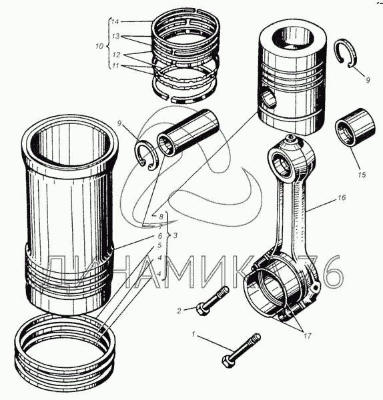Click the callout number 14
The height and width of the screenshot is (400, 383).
115,22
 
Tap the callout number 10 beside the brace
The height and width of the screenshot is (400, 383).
99,47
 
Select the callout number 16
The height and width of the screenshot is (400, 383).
342,197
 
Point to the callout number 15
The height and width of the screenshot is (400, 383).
362,175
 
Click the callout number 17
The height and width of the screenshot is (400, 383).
308,336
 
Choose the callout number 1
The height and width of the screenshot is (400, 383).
194,334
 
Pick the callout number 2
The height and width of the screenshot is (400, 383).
179,311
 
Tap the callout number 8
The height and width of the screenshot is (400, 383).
161,217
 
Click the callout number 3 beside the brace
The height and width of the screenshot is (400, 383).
175,235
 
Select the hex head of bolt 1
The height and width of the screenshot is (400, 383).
227,362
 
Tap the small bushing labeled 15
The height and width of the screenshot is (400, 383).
355,127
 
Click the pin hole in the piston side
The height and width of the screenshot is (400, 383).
269,99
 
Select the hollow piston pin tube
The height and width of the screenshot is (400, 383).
186,132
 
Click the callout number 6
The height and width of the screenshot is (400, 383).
160,236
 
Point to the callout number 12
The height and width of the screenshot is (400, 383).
116,55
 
